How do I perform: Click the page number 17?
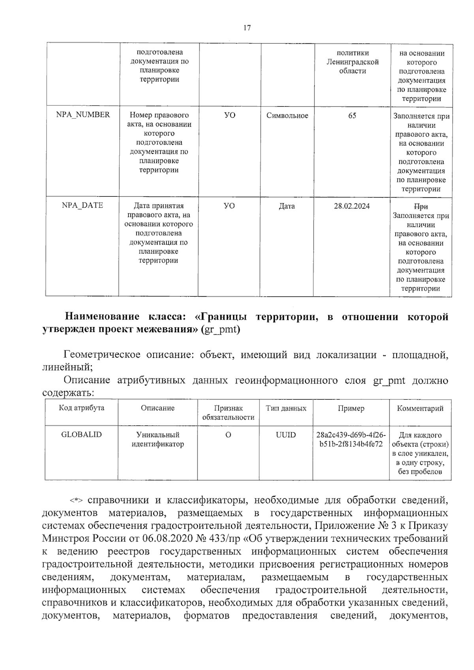[247, 28]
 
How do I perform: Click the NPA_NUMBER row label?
[83, 115]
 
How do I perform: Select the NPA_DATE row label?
[82, 205]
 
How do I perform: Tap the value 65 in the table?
[352, 116]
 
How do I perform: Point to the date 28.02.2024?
[352, 206]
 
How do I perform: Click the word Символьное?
[287, 116]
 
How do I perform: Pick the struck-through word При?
[421, 206]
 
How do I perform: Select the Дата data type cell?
[286, 206]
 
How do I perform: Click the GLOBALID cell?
[81, 434]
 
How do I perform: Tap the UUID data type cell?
[286, 435]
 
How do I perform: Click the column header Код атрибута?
[82, 408]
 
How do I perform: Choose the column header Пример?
[351, 408]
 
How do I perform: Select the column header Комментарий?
[420, 408]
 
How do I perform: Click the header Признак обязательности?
[228, 413]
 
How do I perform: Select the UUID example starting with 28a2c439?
[351, 439]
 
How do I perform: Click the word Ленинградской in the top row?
[352, 62]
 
